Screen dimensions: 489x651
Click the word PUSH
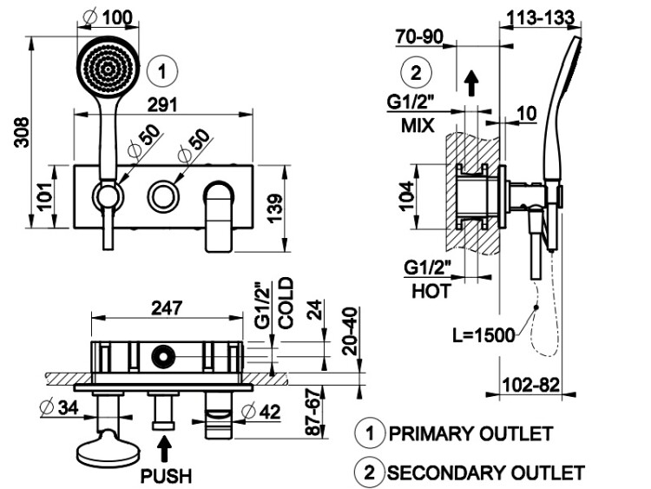pyautogui.click(x=167, y=476)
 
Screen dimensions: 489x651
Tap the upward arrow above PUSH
pyautogui.click(x=167, y=449)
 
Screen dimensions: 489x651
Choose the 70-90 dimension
pyautogui.click(x=420, y=37)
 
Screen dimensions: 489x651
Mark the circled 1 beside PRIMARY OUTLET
pyautogui.click(x=369, y=433)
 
